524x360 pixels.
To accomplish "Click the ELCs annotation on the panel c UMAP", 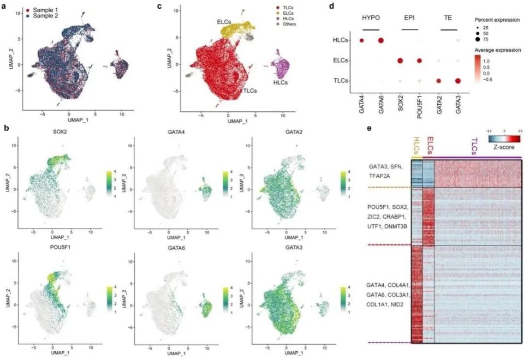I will pyautogui.click(x=222, y=21).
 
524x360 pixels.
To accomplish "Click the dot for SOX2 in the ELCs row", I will pyautogui.click(x=400, y=61).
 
